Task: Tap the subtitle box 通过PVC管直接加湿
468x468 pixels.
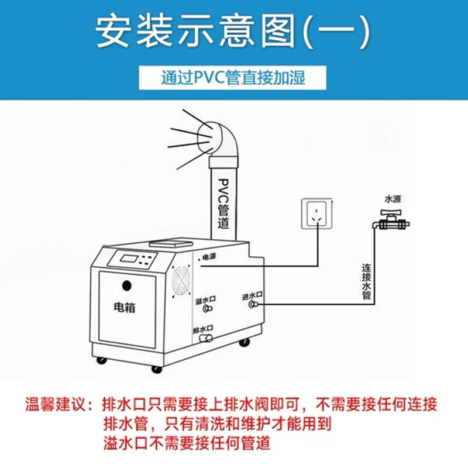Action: click(232, 78)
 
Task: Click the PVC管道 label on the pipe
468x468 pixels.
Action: click(223, 204)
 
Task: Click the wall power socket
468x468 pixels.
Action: click(316, 214)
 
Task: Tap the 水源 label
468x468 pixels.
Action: click(393, 199)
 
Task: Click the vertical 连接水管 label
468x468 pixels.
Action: click(367, 281)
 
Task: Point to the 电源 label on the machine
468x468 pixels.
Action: click(209, 257)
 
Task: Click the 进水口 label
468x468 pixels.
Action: click(252, 296)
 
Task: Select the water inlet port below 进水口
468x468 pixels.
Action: click(253, 304)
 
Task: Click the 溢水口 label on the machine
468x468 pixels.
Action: click(205, 300)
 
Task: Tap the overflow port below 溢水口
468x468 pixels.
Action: click(207, 309)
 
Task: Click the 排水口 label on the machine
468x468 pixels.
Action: click(203, 329)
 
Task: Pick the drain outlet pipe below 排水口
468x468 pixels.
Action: click(206, 338)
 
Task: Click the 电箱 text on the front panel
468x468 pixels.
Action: click(125, 307)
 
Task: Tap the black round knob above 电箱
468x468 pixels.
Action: click(127, 285)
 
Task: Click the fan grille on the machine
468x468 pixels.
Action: click(181, 281)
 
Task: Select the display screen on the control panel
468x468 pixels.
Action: click(129, 258)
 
